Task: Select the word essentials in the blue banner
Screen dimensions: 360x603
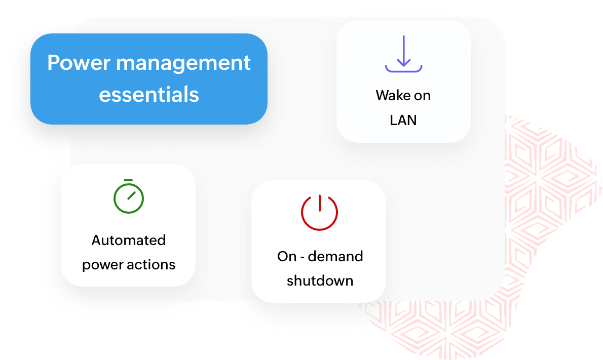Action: click(x=149, y=94)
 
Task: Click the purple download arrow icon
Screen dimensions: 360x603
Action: click(x=403, y=54)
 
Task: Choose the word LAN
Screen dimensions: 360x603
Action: click(x=403, y=121)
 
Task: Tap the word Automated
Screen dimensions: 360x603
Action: click(x=129, y=240)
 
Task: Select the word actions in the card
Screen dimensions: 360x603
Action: click(x=153, y=265)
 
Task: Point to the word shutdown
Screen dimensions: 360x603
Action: click(x=320, y=281)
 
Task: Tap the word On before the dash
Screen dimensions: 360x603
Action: click(x=286, y=256)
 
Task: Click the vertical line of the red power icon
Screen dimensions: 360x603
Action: click(x=319, y=203)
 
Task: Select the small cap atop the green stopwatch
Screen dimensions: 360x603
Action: click(x=128, y=180)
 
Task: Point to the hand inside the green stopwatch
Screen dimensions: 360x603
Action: click(x=132, y=195)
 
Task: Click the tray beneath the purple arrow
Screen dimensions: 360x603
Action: click(x=403, y=68)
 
